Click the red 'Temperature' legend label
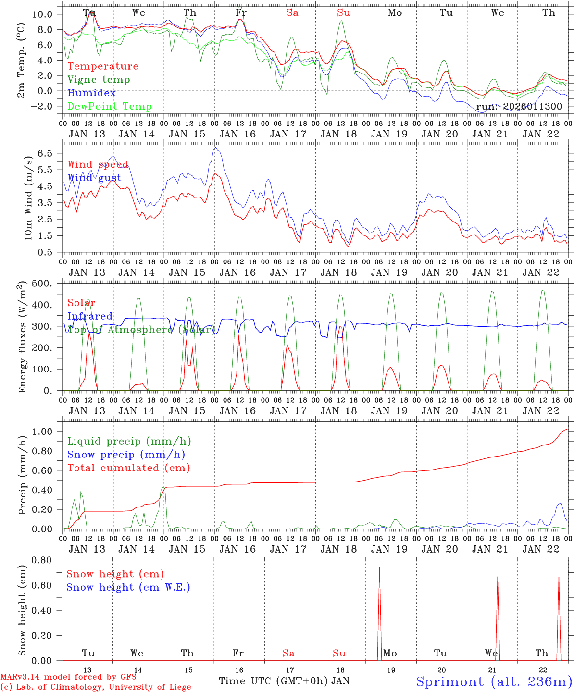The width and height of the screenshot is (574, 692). (102, 66)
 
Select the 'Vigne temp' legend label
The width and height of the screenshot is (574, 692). (99, 80)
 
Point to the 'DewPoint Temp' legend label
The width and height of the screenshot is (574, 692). (110, 106)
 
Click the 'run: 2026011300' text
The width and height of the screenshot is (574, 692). (519, 106)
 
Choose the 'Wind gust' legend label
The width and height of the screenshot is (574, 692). (94, 178)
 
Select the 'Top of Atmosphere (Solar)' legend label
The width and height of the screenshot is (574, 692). (141, 330)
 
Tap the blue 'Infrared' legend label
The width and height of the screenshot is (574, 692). (90, 316)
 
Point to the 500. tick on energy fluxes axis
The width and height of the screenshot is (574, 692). (43, 284)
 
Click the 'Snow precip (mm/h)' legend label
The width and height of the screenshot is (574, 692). (126, 455)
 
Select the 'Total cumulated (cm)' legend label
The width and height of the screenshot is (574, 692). (128, 468)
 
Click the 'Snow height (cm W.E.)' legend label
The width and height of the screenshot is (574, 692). (128, 587)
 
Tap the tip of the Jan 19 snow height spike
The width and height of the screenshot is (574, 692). (379, 568)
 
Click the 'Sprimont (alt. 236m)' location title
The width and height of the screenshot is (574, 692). (494, 681)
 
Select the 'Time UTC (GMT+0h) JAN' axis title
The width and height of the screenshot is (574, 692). (284, 681)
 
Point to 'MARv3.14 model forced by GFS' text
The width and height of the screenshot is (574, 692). (68, 677)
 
